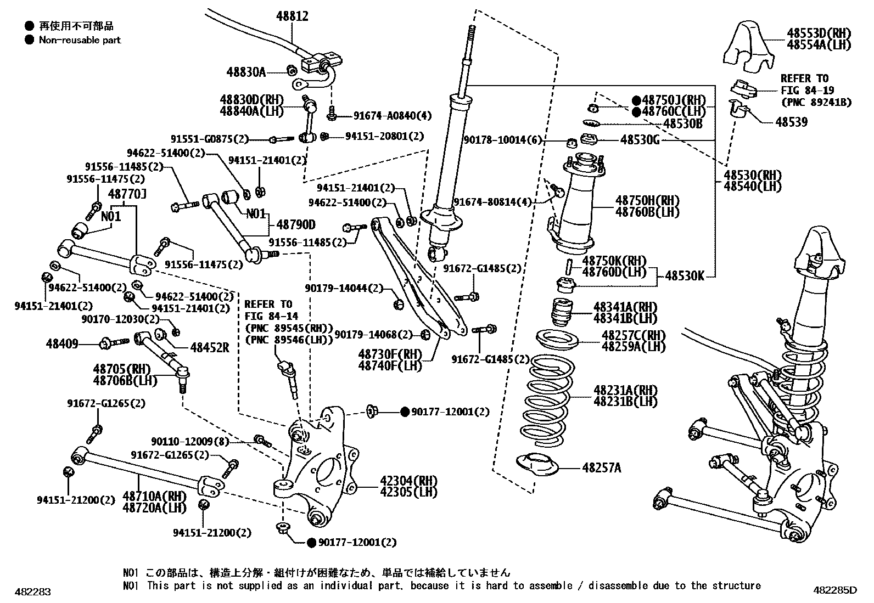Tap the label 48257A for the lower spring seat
[x=602, y=468]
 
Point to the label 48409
[x=62, y=344]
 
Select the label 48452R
[x=210, y=347]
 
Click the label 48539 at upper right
[x=791, y=122]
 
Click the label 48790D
[x=296, y=224]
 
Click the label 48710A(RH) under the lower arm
[x=155, y=496]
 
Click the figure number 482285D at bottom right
[x=834, y=591]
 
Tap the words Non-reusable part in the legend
[x=80, y=40]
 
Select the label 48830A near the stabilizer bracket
[x=246, y=72]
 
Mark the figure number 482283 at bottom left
[x=33, y=592]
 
